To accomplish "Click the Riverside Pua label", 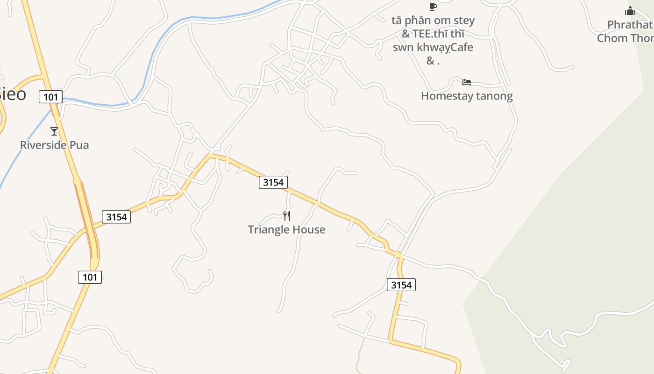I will point(54,145).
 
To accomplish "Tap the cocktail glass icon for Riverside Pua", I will point(54,131).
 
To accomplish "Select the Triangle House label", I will point(286,230).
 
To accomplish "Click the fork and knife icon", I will point(287,216).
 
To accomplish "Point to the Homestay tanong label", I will point(467,96).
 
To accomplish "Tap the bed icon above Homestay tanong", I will point(466,83).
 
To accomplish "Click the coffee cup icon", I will point(433,6).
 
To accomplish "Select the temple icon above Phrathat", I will point(630,11).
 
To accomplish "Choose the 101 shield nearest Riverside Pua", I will point(50,97).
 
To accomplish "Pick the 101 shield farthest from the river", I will point(90,277).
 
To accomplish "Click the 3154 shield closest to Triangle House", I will point(273,182).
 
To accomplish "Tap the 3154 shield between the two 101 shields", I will point(116,217).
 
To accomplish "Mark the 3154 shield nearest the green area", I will point(401,285).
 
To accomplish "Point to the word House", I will point(308,230).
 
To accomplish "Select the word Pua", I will point(79,145).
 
